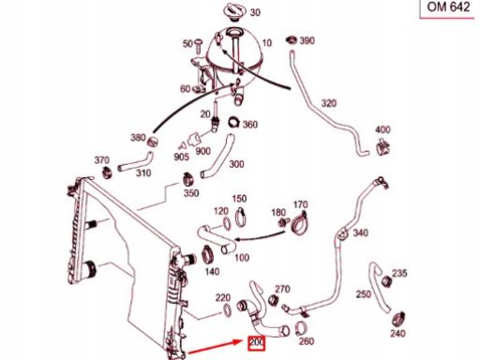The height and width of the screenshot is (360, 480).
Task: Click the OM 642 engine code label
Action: click(x=448, y=7)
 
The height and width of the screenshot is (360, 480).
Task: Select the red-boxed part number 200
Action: click(x=256, y=343)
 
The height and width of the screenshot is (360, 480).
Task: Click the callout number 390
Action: click(x=307, y=40)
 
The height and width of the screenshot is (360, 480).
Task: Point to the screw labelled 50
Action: click(x=199, y=46)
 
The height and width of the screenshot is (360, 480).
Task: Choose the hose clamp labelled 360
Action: click(x=234, y=122)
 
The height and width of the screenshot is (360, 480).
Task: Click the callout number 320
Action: click(x=328, y=103)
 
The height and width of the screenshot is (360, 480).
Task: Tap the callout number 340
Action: click(x=361, y=232)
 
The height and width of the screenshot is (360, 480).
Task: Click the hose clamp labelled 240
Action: click(x=399, y=318)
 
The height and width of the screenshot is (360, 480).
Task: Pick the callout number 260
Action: click(x=307, y=341)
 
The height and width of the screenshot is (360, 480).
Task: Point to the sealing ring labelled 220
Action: click(x=227, y=309)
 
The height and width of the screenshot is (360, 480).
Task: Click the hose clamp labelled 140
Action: click(x=207, y=254)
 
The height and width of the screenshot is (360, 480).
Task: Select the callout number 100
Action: click(x=242, y=258)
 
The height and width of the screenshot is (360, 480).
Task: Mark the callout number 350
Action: click(x=191, y=193)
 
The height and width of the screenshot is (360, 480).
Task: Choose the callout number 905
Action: click(x=181, y=157)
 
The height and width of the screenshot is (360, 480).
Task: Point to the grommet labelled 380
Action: click(x=153, y=142)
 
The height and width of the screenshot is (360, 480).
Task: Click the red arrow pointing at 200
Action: click(x=216, y=347)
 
